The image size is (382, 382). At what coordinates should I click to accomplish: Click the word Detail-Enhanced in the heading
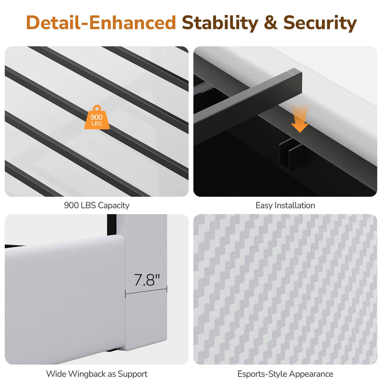coord(101,23)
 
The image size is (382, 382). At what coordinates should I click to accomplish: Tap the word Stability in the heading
coord(220,23)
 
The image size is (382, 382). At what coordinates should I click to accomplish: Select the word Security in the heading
coord(320,23)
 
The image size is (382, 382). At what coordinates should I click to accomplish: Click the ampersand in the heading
coord(271,23)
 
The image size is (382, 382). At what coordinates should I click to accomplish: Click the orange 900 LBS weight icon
coord(97,117)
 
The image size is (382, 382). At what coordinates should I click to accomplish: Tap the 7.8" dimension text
coord(147,280)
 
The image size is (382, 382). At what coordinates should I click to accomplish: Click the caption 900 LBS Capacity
coord(97,205)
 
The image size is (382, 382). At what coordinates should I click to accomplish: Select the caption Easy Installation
coord(285,205)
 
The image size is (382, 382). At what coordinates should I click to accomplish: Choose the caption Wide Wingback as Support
coord(97,374)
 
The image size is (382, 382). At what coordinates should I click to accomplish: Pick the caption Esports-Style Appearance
coord(285,374)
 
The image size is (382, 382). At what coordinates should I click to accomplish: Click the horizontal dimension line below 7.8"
coord(146,291)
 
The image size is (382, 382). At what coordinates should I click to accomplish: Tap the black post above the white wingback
coord(111,225)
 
